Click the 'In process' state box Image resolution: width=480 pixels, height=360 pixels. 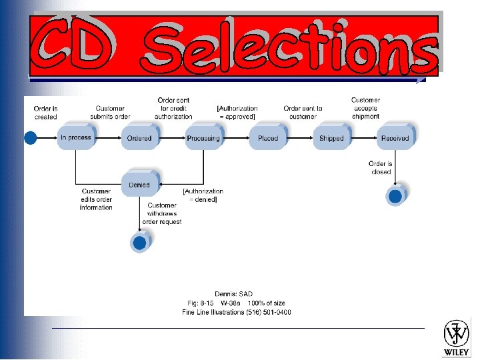75,138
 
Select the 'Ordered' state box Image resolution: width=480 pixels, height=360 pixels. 139,139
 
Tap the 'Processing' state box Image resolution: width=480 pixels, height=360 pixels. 203,139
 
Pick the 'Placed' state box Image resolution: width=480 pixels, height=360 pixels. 268,139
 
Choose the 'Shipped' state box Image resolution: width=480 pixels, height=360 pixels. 331,139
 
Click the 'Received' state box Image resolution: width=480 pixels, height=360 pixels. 395,139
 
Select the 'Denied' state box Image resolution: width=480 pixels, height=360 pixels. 139,185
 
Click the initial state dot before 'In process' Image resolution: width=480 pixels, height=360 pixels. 30,138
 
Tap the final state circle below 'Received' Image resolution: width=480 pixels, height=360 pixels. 395,196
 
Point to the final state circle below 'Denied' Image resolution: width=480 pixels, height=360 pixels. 139,243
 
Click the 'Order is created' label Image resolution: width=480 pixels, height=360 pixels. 45,113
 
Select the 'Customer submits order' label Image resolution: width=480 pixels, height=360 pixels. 110,113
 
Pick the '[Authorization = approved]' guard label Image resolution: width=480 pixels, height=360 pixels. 237,113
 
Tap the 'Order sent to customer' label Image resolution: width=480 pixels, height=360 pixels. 303,113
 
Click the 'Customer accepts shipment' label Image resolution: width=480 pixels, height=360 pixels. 365,108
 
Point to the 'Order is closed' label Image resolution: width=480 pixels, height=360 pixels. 381,167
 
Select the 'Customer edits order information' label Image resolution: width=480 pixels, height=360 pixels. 96,199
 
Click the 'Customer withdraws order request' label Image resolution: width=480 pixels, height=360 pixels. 161,213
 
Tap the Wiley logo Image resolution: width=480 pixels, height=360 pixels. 457,338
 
